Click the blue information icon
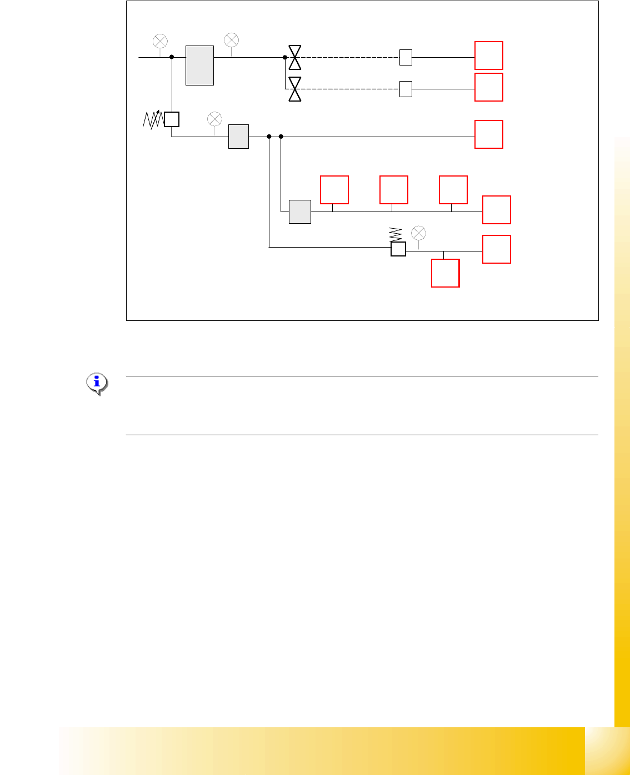97,383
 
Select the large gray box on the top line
199,66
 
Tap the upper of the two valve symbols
295,57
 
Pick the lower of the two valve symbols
295,89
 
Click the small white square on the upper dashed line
406,57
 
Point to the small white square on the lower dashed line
406,89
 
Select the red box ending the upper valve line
489,56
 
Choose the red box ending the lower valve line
489,87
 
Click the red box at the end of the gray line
489,134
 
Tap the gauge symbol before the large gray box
160,41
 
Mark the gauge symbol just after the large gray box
231,40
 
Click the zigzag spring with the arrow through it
153,119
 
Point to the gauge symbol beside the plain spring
418,233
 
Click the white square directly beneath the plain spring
398,249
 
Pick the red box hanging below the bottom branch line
446,273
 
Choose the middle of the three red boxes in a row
394,190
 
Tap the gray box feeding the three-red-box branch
300,212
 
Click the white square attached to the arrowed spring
172,119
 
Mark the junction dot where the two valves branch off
285,57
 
